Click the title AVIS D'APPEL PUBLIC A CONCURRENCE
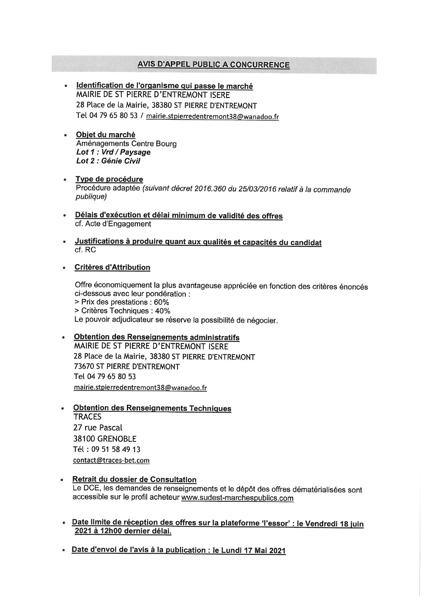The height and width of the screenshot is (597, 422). (x=213, y=65)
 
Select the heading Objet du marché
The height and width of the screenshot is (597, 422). (x=105, y=135)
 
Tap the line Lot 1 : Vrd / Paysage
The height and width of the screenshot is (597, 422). (x=113, y=152)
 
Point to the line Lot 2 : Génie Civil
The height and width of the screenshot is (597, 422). (x=108, y=161)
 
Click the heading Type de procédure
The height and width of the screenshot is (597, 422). (x=109, y=179)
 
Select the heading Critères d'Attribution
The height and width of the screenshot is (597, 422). (x=112, y=267)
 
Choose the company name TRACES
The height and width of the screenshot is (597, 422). (x=87, y=417)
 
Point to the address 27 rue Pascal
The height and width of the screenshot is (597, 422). (x=98, y=428)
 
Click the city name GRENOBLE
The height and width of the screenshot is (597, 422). (x=117, y=439)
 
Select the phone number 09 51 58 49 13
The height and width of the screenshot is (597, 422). (x=116, y=450)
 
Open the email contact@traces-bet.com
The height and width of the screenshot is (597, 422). (x=111, y=461)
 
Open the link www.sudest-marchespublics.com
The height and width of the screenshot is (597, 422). (x=237, y=498)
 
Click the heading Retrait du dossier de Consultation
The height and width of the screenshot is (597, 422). (x=134, y=480)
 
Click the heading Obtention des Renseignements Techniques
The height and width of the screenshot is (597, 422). (x=152, y=408)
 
